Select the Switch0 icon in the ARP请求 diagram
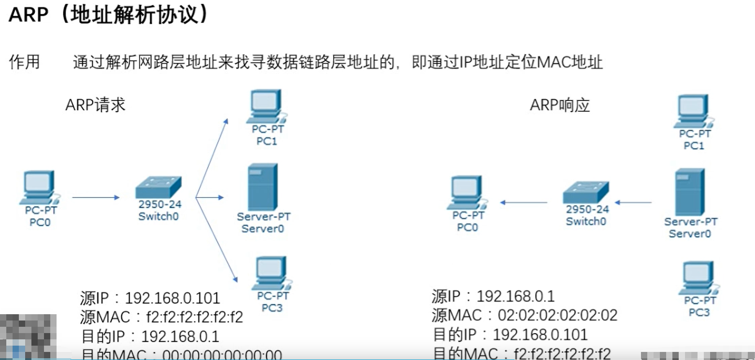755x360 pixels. click(x=158, y=187)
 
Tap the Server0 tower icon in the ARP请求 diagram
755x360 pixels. click(x=263, y=187)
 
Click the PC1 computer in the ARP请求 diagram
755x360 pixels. click(x=267, y=106)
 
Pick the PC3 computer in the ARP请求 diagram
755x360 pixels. click(x=272, y=273)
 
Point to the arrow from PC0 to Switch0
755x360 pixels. click(x=96, y=197)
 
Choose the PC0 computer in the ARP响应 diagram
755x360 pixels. click(x=467, y=193)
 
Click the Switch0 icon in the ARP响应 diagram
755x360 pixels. click(x=586, y=192)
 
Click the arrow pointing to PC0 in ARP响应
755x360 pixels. click(x=524, y=202)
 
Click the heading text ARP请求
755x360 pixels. click(x=95, y=105)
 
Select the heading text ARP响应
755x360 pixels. click(x=560, y=105)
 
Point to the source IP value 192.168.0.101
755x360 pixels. click(x=172, y=298)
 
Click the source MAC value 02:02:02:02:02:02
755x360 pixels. click(x=557, y=315)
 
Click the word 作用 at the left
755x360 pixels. click(x=25, y=62)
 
